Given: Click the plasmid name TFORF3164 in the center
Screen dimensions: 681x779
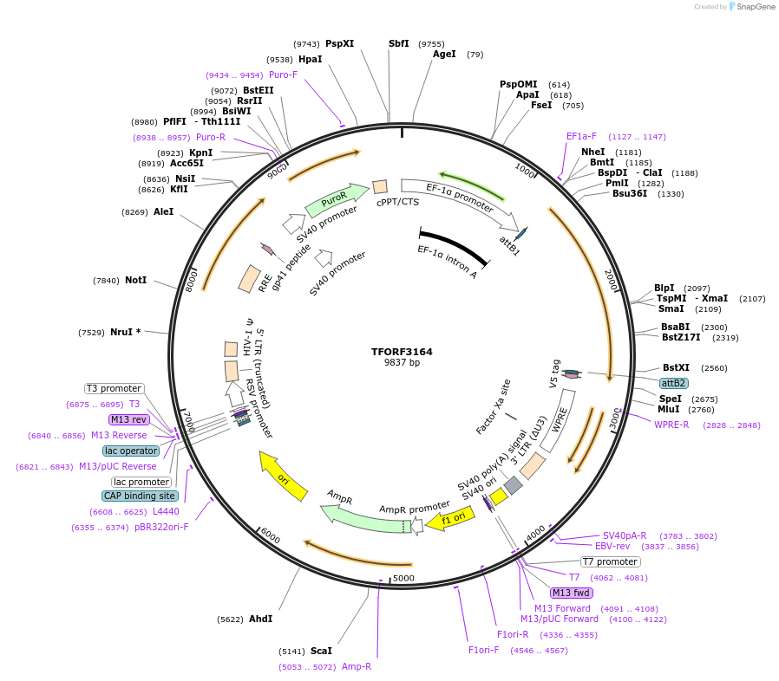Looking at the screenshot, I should pos(402,352).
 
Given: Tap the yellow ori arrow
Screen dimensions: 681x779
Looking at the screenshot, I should pos(284,476).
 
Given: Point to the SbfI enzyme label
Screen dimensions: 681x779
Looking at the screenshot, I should pos(399,43).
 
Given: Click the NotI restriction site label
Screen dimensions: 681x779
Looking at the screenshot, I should pos(135,280).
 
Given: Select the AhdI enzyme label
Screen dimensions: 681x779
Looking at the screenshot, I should pos(260,619).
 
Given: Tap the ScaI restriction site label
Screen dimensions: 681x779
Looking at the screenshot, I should pos(321,650).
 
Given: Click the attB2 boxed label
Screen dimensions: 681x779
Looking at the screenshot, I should pos(674,383).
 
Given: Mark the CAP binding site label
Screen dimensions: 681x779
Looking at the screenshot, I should pos(140,496).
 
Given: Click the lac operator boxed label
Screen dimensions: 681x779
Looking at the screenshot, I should pos(131,451).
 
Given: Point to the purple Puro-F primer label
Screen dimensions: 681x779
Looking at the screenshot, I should pos(283,75).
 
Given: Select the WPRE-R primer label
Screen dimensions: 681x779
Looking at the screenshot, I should pos(671,425).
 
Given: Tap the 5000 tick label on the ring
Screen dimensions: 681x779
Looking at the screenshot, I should pos(404,578).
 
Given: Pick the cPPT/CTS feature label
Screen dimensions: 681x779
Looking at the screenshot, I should pos(397,202).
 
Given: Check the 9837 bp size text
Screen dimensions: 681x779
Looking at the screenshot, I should pos(402,363).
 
